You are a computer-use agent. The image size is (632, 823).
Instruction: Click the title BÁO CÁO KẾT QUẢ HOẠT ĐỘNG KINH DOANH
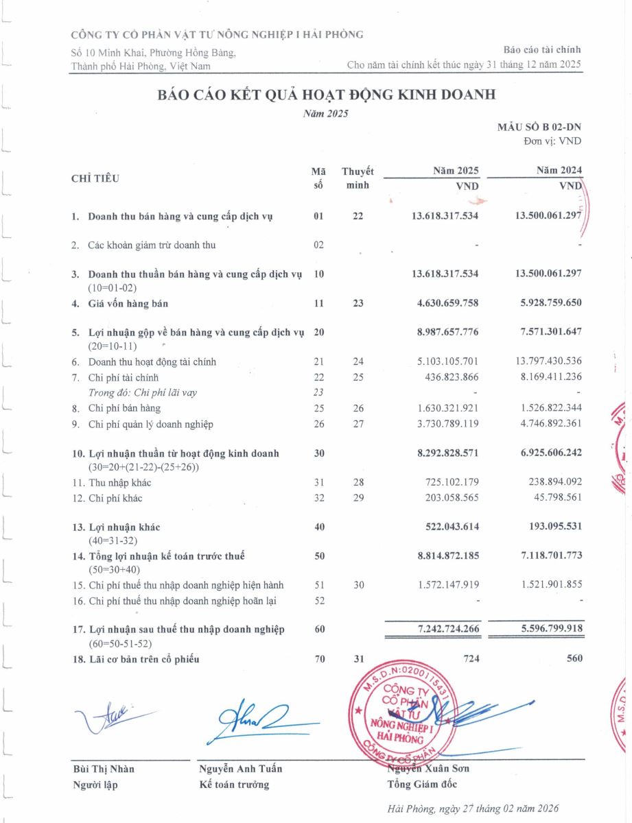(x=326, y=95)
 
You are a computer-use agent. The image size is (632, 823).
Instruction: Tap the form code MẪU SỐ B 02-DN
(x=539, y=128)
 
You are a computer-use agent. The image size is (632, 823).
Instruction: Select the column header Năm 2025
(x=455, y=171)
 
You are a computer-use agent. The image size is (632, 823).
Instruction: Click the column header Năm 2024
(x=559, y=171)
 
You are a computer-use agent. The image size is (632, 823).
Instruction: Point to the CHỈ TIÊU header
(x=95, y=178)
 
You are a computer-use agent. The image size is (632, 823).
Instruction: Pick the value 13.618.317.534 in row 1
(x=445, y=216)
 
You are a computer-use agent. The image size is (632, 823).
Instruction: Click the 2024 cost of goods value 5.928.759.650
(x=548, y=302)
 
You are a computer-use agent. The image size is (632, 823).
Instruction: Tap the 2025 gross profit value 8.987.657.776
(x=445, y=332)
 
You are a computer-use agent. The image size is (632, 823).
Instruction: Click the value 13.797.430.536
(x=548, y=361)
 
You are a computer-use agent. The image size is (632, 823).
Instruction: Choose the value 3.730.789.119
(x=445, y=424)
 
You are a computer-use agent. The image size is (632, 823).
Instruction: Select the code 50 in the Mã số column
(x=319, y=556)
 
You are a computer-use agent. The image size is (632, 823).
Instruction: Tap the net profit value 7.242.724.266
(x=445, y=629)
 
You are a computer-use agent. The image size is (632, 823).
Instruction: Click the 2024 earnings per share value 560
(x=574, y=658)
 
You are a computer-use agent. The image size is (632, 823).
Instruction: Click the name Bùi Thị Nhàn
(x=104, y=768)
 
